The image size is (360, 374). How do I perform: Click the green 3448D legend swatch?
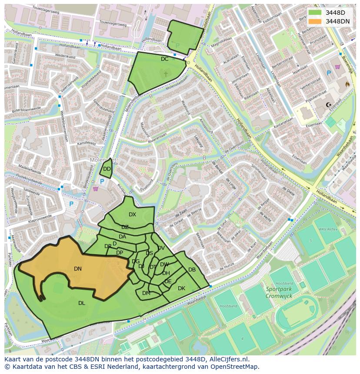[x=315, y=13]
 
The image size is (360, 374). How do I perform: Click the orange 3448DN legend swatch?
[x=315, y=21]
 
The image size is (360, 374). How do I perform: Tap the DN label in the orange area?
[x=78, y=269]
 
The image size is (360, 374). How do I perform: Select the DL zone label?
[x=82, y=303]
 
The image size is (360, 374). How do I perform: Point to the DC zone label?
[x=164, y=59]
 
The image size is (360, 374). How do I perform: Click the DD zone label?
[x=107, y=169]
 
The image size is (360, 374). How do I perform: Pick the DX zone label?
[x=133, y=215]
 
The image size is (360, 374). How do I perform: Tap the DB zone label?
[x=192, y=270]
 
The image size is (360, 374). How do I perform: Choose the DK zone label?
[x=181, y=288]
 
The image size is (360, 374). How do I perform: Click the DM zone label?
[x=146, y=293]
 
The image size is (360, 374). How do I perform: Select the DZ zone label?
[x=125, y=227]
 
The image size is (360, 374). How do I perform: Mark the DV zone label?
[x=161, y=248]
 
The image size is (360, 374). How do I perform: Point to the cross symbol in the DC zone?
[x=165, y=74]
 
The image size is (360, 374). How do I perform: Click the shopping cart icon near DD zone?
[x=95, y=189]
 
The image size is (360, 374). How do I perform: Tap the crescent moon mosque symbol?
[x=329, y=104]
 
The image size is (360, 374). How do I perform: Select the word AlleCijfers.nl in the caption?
[x=229, y=359]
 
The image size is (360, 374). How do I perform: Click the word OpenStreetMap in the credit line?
[x=237, y=367]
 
